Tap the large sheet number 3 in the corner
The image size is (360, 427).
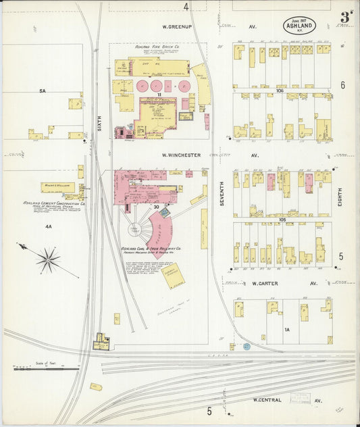pyautogui.click(x=346, y=17)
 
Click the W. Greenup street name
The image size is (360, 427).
pyautogui.click(x=178, y=27)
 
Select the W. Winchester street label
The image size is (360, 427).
pyautogui.click(x=181, y=155)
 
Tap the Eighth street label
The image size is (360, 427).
pyautogui.click(x=340, y=197)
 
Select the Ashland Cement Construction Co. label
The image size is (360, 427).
pyautogui.click(x=53, y=203)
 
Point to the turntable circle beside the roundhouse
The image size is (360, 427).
pyautogui.click(x=138, y=230)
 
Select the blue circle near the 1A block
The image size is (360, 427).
pyautogui.click(x=247, y=346)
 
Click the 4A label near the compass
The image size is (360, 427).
pyautogui.click(x=48, y=227)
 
